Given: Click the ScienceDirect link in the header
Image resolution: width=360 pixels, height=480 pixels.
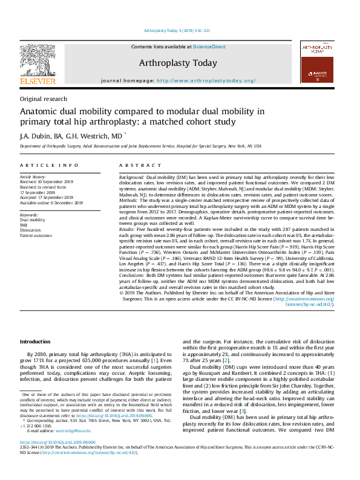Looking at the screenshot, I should click(210, 47).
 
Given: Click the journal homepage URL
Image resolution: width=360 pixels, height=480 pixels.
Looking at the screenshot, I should click(206, 80).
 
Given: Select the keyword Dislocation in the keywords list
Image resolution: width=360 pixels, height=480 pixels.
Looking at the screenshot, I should click(31, 230).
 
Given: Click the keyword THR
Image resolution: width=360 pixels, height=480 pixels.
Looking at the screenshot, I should click(24, 225).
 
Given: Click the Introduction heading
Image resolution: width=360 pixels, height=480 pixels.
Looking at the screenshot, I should click(35, 342).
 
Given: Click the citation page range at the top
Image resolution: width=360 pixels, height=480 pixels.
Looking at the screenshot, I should click(180, 30).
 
